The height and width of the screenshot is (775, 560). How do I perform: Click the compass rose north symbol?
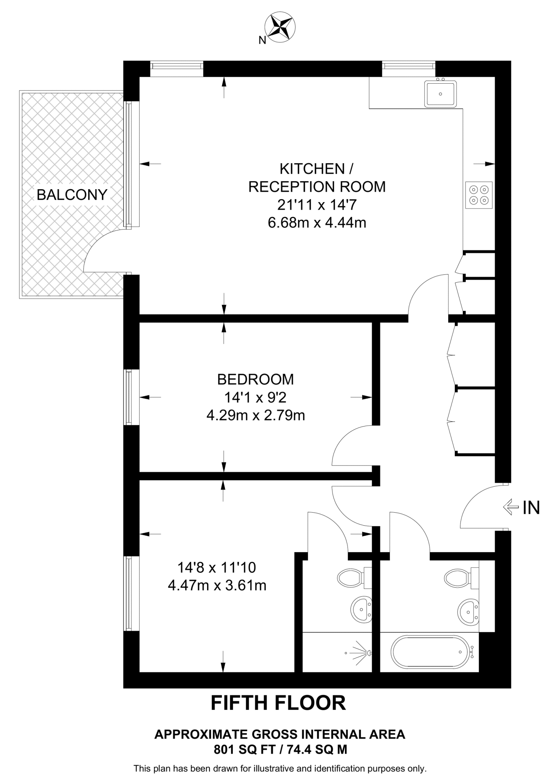click(x=280, y=26)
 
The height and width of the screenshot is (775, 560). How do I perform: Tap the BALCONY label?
click(x=72, y=195)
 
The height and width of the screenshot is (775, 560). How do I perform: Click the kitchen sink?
click(x=440, y=93)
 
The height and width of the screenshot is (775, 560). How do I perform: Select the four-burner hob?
click(x=479, y=195)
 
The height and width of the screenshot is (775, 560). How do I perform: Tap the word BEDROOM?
click(x=255, y=379)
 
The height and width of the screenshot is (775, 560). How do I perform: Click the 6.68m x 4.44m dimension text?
click(x=317, y=223)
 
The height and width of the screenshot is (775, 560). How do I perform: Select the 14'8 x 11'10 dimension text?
click(x=217, y=567)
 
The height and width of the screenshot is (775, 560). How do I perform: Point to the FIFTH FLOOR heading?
click(x=278, y=703)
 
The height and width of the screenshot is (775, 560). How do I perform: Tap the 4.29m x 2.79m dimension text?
click(x=256, y=416)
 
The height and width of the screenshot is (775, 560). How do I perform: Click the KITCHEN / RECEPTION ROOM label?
click(x=317, y=177)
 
